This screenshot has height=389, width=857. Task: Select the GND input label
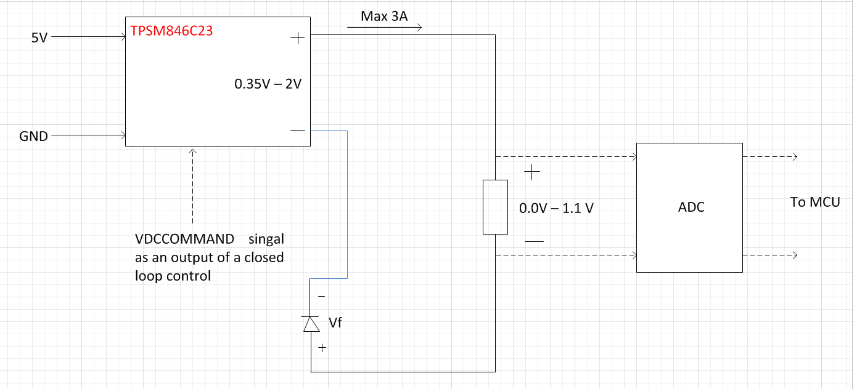pos(34,136)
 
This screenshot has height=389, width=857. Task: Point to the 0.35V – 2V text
pos(268,84)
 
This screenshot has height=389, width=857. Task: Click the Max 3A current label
pos(384,17)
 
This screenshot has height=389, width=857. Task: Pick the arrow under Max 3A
pos(384,27)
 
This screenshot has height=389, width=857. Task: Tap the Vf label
pos(335,322)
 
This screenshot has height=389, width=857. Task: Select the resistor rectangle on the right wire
pos(495,207)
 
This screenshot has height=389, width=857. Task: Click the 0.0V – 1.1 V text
pos(556,208)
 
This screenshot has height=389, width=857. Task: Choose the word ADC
pos(691,207)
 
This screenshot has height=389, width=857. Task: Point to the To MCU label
pos(815,202)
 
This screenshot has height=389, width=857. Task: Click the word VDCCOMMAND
pos(184,239)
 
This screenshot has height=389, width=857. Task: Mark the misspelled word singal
pos(266,239)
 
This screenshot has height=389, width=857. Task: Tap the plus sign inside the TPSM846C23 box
pos(297,38)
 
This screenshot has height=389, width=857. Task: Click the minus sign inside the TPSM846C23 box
pos(297,131)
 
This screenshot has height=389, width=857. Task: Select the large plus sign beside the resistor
pos(531,173)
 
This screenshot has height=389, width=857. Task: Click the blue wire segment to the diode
pos(347,203)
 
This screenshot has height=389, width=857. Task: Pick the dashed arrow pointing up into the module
pos(193,185)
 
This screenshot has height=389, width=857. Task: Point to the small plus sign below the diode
pos(322,348)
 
